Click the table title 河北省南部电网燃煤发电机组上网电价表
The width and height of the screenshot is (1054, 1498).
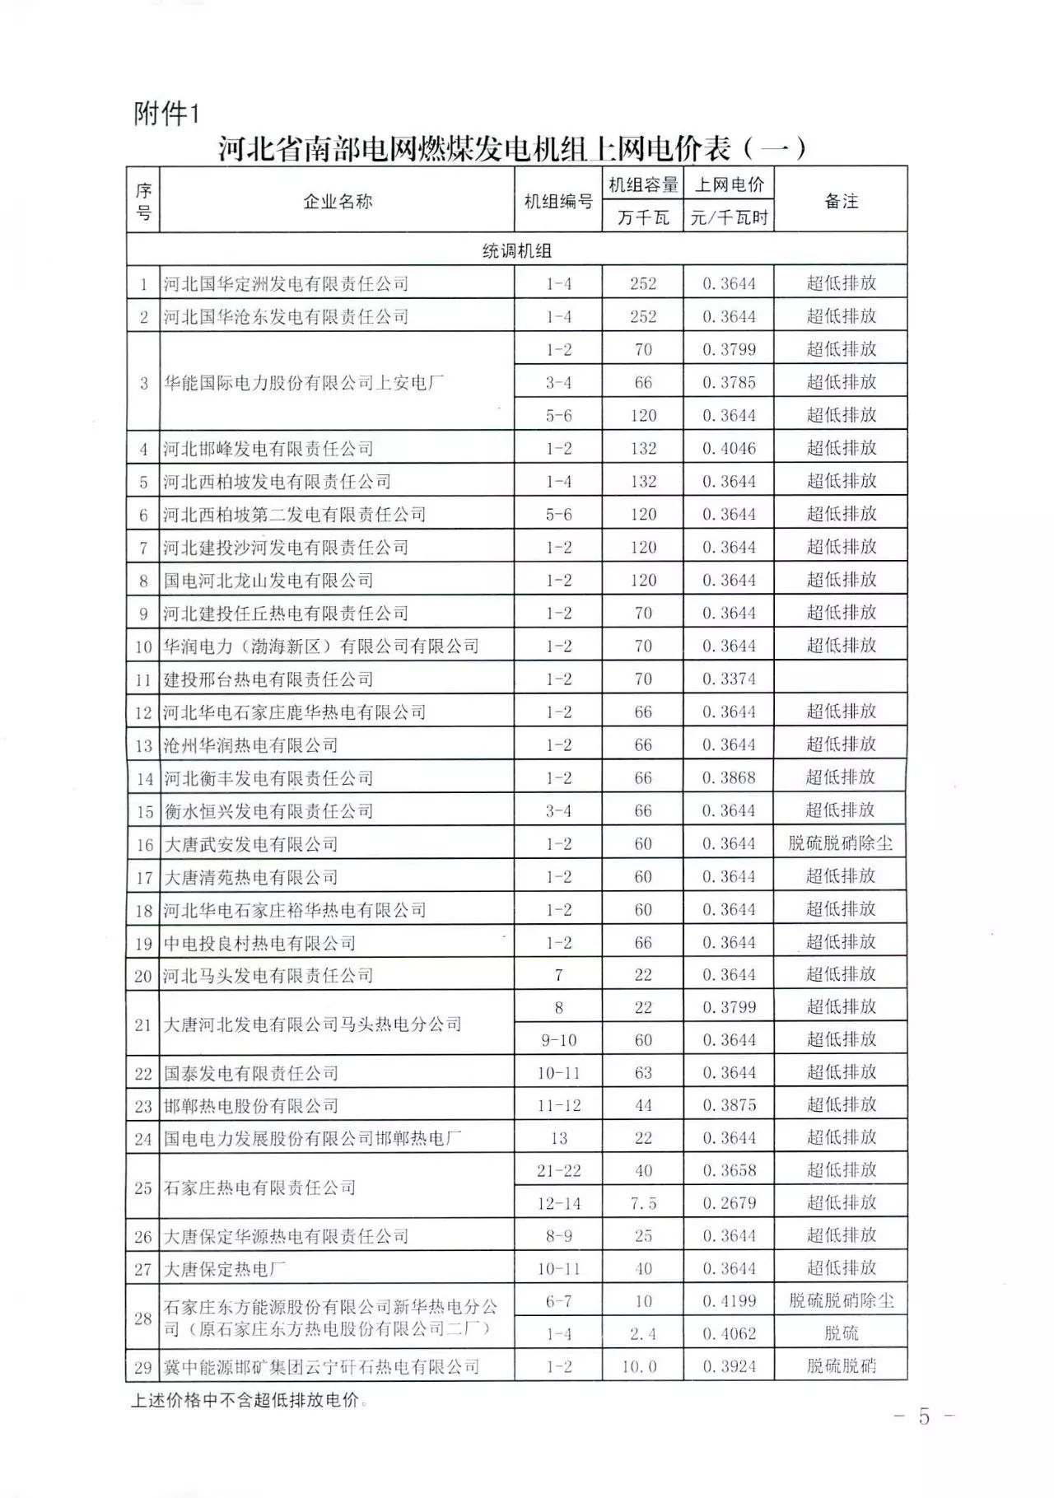(x=511, y=149)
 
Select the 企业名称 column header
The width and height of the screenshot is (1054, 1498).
(x=337, y=201)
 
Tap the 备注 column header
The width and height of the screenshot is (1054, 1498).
(x=841, y=201)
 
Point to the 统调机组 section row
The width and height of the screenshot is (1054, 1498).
(x=516, y=250)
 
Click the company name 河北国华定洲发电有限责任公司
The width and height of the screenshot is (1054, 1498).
(x=286, y=284)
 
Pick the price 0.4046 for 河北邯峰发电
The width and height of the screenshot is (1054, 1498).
(x=729, y=449)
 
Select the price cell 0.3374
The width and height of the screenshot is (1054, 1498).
(x=729, y=679)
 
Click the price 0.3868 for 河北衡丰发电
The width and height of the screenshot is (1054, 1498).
(x=729, y=778)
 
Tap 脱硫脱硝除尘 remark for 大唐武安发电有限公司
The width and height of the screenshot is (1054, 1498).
(x=841, y=844)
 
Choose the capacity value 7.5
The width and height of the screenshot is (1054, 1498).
(x=643, y=1203)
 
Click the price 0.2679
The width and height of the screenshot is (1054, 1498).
(x=729, y=1203)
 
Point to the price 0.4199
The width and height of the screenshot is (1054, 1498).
(x=729, y=1301)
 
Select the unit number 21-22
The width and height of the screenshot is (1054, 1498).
(x=558, y=1170)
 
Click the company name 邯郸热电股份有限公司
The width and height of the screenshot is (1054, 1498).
(x=251, y=1105)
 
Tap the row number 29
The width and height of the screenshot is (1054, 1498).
(x=143, y=1367)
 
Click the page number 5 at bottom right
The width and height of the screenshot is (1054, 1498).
(x=924, y=1416)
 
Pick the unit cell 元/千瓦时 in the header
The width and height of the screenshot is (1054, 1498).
(x=729, y=218)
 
